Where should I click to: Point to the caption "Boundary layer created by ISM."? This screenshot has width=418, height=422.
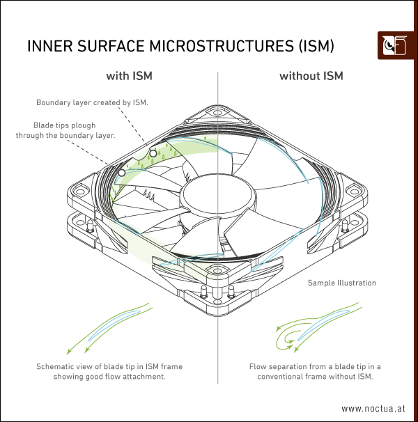pos(93,102)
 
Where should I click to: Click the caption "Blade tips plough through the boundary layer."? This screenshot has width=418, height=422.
pos(65,130)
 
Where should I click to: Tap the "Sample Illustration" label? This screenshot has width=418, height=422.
pos(342,283)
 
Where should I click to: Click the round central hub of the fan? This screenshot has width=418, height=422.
pos(206,192)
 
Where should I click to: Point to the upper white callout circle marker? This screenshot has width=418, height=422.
pos(153,152)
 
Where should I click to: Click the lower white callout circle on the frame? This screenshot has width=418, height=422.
pos(121,171)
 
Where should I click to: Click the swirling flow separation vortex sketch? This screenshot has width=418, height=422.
pos(290,336)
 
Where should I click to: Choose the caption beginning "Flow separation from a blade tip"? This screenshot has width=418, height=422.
pos(315,371)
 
